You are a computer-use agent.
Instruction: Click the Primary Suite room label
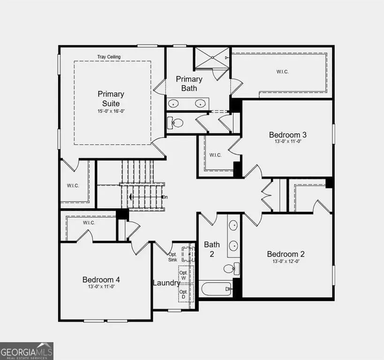111,98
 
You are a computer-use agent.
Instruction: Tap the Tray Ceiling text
109,57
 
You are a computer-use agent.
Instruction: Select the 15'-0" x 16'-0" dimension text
111,111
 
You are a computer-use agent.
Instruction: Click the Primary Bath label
189,83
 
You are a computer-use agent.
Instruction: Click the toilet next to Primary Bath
175,123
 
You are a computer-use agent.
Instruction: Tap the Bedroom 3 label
287,135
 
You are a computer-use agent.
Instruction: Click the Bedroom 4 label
101,280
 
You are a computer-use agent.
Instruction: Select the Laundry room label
166,283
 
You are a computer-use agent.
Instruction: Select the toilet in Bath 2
230,269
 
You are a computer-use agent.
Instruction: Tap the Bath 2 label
211,249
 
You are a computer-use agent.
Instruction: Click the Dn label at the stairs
164,197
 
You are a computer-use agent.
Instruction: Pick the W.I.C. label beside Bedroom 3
215,155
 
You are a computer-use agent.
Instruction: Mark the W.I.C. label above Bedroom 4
89,223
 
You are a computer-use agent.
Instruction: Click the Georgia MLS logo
27,351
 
